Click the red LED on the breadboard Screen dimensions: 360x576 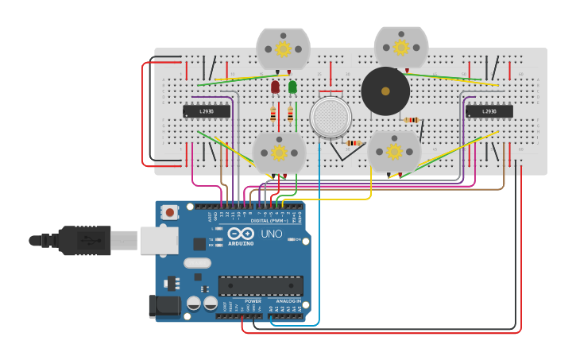(x=275, y=86)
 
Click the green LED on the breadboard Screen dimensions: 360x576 (x=292, y=86)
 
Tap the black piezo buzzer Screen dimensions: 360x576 (x=385, y=91)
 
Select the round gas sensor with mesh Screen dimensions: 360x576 (x=331, y=118)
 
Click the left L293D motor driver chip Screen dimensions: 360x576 (x=207, y=111)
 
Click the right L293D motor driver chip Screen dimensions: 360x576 (x=489, y=111)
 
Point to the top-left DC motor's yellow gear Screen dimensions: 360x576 (x=283, y=48)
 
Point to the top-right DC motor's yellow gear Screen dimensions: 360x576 (x=401, y=47)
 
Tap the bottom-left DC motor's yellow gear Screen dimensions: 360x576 (x=279, y=152)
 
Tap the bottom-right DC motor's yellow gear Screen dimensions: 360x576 (x=394, y=151)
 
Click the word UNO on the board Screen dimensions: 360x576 (x=272, y=234)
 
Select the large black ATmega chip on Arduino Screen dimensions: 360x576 (x=261, y=285)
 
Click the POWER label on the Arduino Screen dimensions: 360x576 (x=253, y=301)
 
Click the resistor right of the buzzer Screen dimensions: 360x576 (x=412, y=120)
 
